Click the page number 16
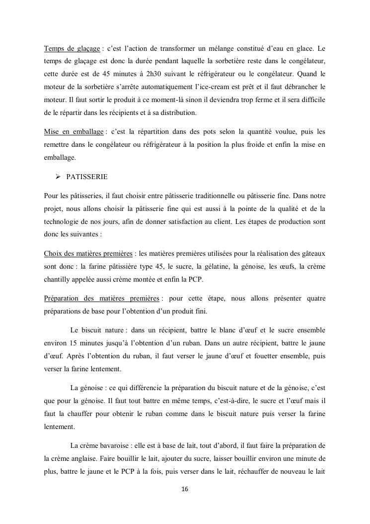(x=185, y=490)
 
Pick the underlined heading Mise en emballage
(x=74, y=132)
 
